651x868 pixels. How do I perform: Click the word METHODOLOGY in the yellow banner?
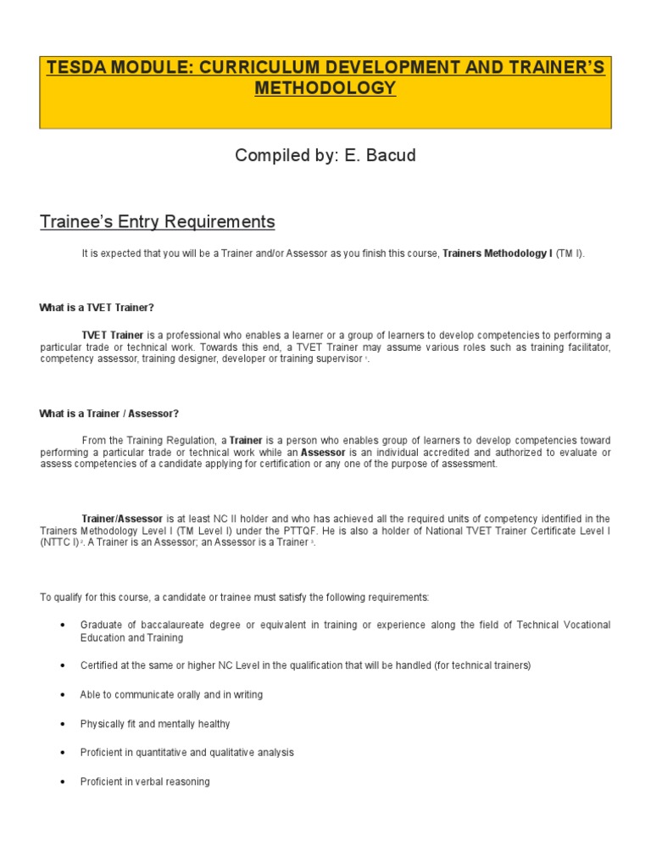[325, 88]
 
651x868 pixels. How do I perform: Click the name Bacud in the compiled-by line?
[389, 156]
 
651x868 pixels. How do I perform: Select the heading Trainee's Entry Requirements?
[157, 222]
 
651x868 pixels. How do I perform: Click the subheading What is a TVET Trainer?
[97, 307]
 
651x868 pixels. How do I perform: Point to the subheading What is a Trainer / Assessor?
[109, 414]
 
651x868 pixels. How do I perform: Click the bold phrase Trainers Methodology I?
[497, 253]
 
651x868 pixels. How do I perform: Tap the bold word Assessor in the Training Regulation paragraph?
[323, 453]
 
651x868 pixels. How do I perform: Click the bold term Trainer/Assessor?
[123, 519]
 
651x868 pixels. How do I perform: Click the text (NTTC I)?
[59, 542]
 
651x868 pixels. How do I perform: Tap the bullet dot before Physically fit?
[64, 725]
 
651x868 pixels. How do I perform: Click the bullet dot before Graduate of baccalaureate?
[64, 626]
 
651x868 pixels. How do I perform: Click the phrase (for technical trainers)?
[482, 665]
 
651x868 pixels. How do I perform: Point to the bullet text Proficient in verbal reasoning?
[144, 782]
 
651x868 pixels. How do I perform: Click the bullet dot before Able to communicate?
[64, 695]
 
